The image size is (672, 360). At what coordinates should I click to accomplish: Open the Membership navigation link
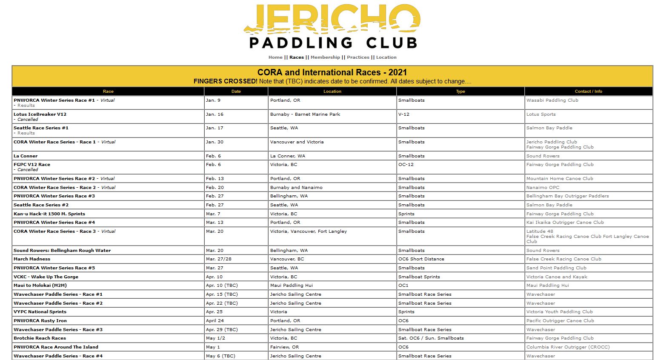(x=325, y=57)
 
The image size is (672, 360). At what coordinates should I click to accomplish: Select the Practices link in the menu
(x=358, y=57)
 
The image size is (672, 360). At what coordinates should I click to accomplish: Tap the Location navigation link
(x=386, y=57)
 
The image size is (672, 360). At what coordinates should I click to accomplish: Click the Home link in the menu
(x=275, y=57)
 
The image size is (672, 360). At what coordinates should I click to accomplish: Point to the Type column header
(x=460, y=91)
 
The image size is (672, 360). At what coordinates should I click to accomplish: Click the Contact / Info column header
(x=588, y=91)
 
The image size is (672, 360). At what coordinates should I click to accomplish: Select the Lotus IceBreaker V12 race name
(x=40, y=114)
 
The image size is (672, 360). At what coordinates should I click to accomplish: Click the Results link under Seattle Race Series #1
(x=26, y=133)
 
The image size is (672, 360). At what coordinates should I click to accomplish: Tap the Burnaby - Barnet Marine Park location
(x=305, y=114)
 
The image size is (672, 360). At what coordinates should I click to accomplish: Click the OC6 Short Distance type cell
(x=421, y=259)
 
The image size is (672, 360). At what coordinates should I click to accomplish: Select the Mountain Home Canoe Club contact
(x=560, y=179)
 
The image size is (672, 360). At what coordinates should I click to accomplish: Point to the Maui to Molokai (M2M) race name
(x=40, y=286)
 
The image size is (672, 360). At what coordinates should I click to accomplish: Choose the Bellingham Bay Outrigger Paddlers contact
(x=567, y=196)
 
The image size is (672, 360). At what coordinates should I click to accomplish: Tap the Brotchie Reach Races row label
(x=40, y=338)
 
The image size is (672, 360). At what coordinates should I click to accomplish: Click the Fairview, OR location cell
(x=284, y=347)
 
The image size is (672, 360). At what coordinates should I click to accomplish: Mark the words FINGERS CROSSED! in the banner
(x=225, y=81)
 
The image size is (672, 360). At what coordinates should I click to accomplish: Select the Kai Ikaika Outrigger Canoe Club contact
(x=565, y=223)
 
